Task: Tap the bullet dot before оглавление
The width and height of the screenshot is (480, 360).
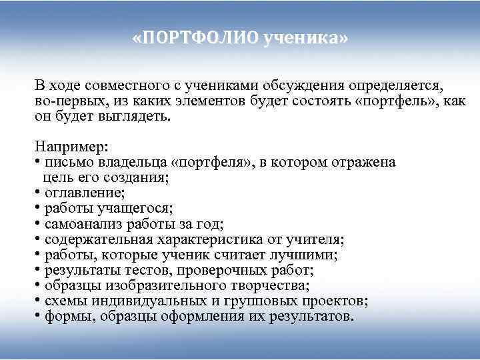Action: pos(37,193)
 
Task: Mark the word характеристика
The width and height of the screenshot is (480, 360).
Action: pos(214,239)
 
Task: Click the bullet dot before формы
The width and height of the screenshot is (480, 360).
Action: pos(37,316)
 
